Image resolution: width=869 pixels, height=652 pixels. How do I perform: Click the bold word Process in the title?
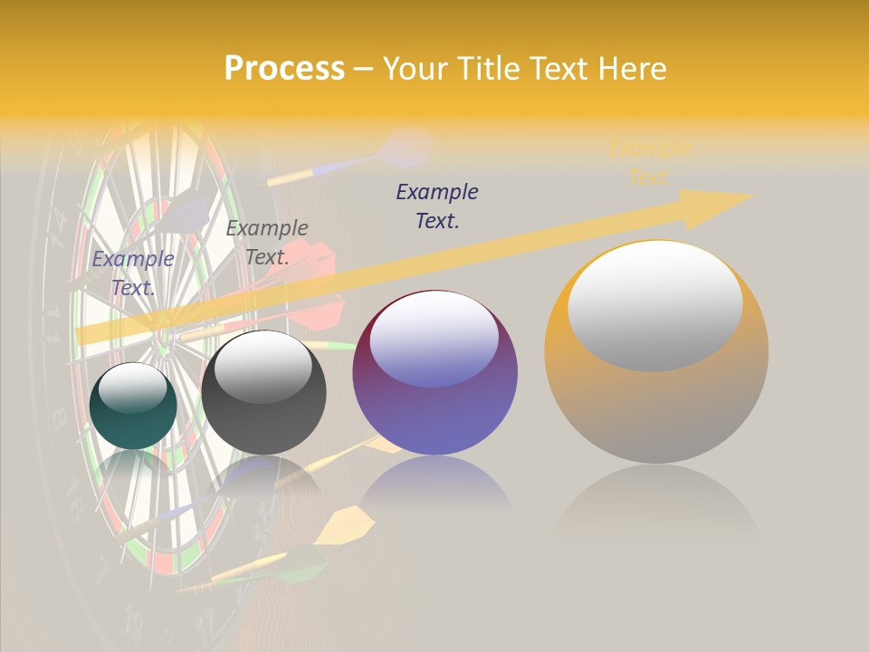(x=284, y=69)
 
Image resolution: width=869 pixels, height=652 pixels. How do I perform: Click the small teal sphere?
(x=133, y=406)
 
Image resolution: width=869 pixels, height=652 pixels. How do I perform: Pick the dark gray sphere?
(x=263, y=392)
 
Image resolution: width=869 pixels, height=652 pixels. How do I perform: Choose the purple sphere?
(x=434, y=373)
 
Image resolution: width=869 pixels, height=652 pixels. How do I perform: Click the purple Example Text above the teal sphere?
(x=133, y=273)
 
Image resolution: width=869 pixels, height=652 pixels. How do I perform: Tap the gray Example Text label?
(x=267, y=242)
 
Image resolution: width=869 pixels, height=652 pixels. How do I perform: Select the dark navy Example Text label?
(x=437, y=206)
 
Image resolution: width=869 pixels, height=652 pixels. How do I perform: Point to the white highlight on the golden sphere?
(x=655, y=304)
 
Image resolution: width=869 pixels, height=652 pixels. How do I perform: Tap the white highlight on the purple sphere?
(x=434, y=340)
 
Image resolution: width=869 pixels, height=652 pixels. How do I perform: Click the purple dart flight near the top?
(x=405, y=147)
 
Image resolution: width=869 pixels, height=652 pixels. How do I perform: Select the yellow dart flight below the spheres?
(x=349, y=524)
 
